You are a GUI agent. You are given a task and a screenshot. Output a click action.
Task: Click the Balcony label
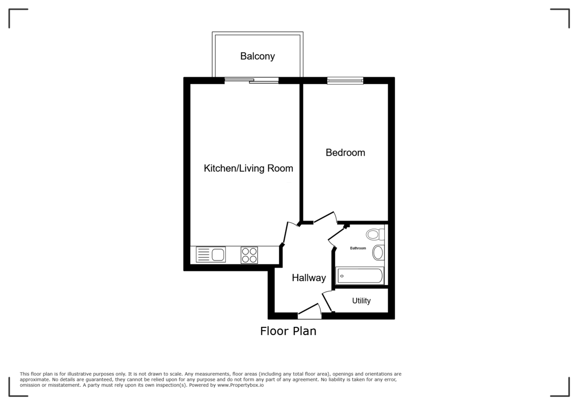click(x=258, y=56)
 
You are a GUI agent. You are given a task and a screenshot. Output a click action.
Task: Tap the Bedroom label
click(x=345, y=153)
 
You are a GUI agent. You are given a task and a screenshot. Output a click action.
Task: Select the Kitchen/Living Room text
click(x=248, y=169)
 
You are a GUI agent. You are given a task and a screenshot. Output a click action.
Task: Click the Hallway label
click(x=309, y=278)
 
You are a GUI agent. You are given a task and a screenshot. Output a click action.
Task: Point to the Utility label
click(x=361, y=301)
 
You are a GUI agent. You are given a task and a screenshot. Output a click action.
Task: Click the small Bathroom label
click(x=358, y=248)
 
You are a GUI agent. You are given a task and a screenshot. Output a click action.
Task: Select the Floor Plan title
click(x=288, y=331)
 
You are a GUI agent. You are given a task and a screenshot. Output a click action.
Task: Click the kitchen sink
click(x=211, y=255)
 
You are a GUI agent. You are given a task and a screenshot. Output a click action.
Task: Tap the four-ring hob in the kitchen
click(x=249, y=255)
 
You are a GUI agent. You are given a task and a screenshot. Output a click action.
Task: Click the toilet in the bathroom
click(x=375, y=235)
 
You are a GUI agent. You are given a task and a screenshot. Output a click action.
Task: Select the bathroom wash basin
click(x=378, y=253)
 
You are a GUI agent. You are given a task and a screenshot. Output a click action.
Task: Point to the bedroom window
click(x=345, y=81)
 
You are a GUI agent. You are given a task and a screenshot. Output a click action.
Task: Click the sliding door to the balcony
click(x=251, y=81)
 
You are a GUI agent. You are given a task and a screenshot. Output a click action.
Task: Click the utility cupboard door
click(x=327, y=301)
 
